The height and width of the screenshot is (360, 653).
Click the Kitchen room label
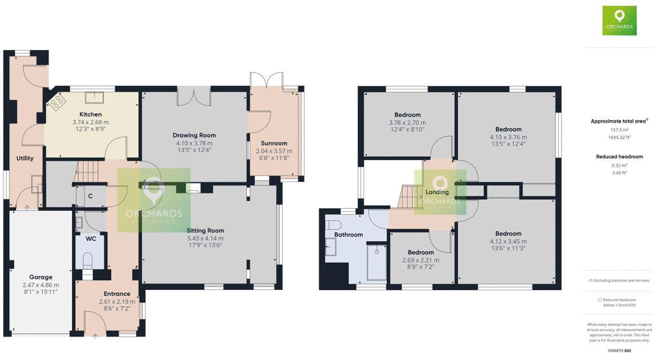click(x=90, y=114)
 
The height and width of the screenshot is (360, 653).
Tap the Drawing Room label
click(x=194, y=136)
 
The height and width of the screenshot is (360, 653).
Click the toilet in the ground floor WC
click(x=88, y=259)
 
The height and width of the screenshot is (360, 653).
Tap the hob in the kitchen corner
click(x=57, y=100)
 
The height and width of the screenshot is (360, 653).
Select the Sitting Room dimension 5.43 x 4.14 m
click(x=205, y=238)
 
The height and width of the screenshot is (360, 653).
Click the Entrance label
click(x=117, y=294)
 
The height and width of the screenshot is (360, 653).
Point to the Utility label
click(x=25, y=158)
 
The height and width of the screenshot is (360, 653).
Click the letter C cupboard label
click(x=90, y=196)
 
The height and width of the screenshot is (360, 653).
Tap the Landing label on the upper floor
click(x=437, y=192)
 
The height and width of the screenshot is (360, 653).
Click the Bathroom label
click(x=348, y=235)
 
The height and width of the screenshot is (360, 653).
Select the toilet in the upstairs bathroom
click(x=333, y=225)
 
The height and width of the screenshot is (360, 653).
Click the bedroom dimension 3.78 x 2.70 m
click(x=407, y=123)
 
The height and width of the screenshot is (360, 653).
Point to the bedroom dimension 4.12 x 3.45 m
click(x=508, y=242)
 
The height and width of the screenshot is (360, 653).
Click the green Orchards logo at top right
click(x=619, y=21)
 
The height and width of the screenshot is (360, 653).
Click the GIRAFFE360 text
click(x=619, y=351)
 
